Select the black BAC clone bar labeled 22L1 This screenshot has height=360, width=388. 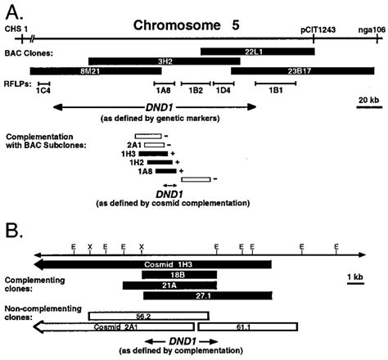point(251,52)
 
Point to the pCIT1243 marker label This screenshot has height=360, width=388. point(315,29)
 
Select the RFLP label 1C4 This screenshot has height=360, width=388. point(44,92)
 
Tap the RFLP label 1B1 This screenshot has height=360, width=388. point(270,92)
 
